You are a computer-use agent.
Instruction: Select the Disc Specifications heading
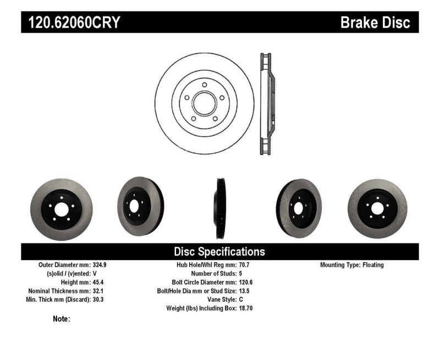pos(219,252)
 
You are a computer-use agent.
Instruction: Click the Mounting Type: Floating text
pos(352,264)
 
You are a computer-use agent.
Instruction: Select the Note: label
pos(61,319)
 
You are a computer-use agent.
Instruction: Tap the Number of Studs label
pos(213,273)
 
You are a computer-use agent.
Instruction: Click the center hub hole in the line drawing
pos(204,103)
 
